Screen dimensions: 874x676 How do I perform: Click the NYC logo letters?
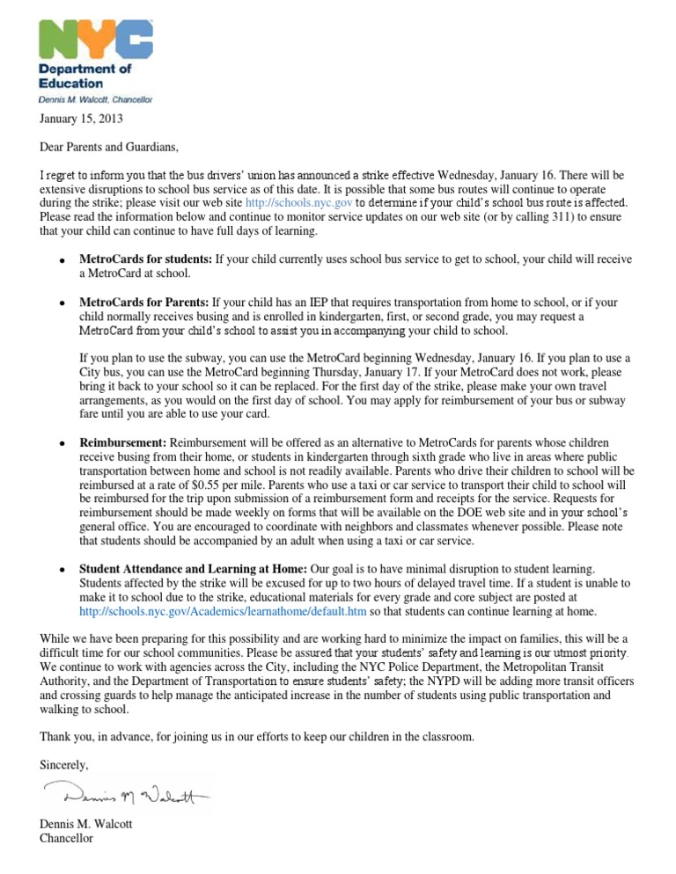[95, 41]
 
